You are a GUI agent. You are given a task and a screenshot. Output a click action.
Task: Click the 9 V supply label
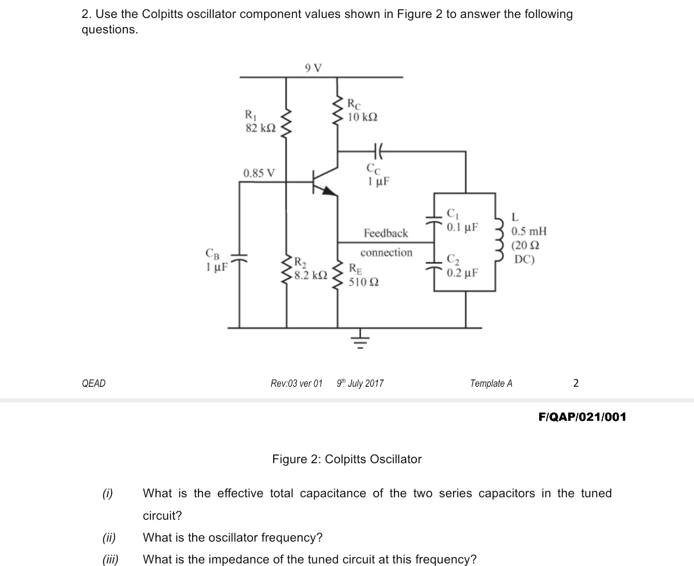coord(314,67)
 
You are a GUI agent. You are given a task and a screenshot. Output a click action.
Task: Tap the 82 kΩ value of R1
coord(261,128)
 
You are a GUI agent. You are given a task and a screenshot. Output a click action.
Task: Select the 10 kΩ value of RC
coord(362,118)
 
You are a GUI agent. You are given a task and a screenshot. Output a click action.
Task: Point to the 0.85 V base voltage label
coord(260,173)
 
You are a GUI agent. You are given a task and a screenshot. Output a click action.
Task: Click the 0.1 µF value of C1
coord(462,227)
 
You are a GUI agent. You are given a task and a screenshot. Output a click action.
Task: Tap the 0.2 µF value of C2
coord(462,273)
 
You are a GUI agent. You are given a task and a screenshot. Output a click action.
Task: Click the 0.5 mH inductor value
coord(529,231)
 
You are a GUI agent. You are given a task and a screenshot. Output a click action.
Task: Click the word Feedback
coord(386,233)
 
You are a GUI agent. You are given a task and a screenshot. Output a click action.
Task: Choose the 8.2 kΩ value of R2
coord(311,275)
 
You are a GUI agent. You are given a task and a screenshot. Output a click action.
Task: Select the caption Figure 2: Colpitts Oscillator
coord(347,459)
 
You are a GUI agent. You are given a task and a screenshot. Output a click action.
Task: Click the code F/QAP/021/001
coord(582,418)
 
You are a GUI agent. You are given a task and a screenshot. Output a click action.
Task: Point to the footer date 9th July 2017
coord(360,384)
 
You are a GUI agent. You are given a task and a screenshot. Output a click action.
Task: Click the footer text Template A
coord(491,384)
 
